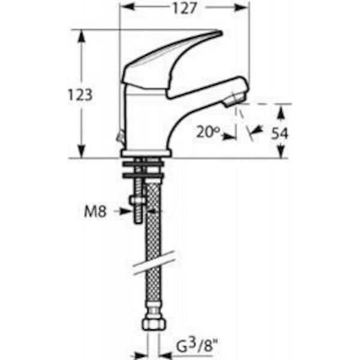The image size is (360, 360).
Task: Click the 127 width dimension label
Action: point(185,8)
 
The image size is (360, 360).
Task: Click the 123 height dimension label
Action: point(80,95)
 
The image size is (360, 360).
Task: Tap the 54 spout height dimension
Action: point(280,133)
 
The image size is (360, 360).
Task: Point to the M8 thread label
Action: point(95,211)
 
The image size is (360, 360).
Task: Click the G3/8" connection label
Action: point(197,346)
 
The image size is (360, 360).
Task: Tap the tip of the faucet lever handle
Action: point(221,33)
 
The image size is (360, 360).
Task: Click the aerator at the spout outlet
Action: point(234,100)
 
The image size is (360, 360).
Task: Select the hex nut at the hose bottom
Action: point(154,324)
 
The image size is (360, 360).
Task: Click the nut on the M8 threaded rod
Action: point(138,200)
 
